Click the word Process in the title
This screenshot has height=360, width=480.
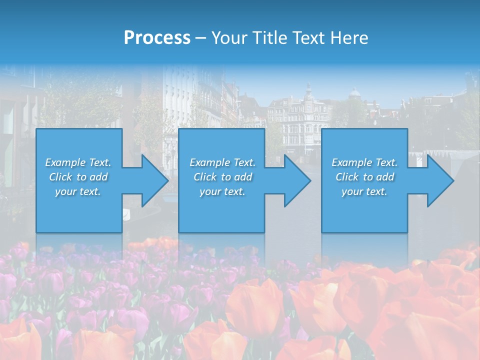click(x=157, y=38)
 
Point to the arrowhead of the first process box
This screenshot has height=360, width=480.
click(x=155, y=180)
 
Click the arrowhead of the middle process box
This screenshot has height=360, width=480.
click(x=297, y=180)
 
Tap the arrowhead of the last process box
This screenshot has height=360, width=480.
click(x=440, y=180)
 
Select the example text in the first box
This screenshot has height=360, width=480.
click(x=78, y=177)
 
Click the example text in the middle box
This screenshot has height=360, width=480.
click(x=222, y=177)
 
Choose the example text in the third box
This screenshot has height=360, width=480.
click(x=364, y=177)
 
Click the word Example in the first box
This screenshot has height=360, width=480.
click(x=65, y=162)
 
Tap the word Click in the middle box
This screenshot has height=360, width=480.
click(x=205, y=177)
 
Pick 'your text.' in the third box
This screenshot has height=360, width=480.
click(x=364, y=191)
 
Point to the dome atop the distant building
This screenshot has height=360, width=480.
click(x=354, y=92)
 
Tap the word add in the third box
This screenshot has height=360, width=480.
click(x=385, y=177)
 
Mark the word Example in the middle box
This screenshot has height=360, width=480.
click(x=209, y=162)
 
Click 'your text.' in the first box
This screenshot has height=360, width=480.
click(x=78, y=191)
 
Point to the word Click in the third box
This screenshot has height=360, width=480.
click(x=347, y=177)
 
